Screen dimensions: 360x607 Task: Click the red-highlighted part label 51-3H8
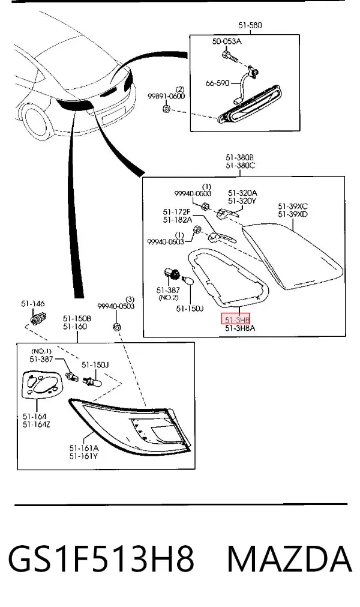point(235,319)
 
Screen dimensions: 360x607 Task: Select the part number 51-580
point(250,25)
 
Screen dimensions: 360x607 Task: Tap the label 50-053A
point(227,41)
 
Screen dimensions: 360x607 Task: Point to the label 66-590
point(217,83)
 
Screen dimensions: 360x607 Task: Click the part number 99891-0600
point(166,96)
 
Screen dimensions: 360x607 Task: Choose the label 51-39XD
point(293,214)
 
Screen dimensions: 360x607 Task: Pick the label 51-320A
point(242,193)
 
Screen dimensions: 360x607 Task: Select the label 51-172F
point(177,212)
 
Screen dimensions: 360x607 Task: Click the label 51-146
point(33,304)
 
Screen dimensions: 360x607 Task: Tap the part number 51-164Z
point(37,424)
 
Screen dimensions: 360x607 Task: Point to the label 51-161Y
point(84,456)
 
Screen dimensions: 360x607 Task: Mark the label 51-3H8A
point(240,328)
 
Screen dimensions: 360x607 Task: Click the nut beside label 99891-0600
point(166,108)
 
